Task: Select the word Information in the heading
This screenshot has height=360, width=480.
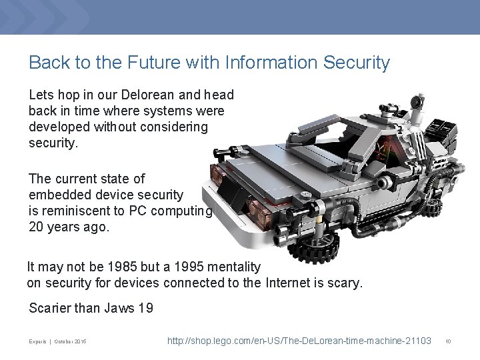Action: point(260,63)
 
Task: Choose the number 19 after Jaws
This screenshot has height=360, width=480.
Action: point(145,308)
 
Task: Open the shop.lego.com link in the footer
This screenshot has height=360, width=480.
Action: point(299,341)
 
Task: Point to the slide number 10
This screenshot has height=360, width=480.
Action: point(449,341)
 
